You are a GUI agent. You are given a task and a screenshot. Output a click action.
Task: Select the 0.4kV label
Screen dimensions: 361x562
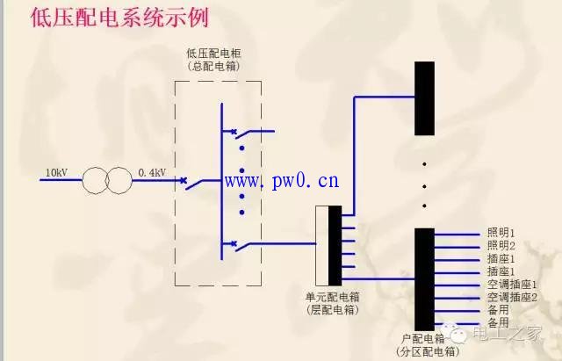point(152,173)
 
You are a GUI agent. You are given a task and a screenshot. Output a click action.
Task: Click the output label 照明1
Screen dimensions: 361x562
point(501,234)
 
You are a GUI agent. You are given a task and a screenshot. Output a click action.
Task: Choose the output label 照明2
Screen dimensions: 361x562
point(501,246)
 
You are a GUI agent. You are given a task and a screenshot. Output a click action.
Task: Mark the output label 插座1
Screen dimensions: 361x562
point(501,259)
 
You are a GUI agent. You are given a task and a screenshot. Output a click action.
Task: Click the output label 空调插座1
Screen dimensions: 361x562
point(512,285)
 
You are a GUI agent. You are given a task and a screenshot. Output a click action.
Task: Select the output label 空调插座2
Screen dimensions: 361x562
point(512,297)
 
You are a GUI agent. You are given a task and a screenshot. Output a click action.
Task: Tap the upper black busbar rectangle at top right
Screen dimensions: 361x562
point(424,98)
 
